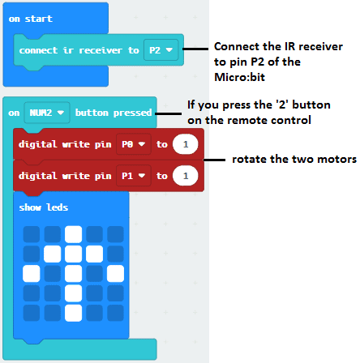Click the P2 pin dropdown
161,50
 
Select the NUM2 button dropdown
47,113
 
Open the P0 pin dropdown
134,144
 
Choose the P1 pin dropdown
134,176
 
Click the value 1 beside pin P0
186,144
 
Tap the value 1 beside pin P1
186,176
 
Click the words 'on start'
31,19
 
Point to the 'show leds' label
44,207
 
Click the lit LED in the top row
74,234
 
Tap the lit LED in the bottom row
74,313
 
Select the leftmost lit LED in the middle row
32,274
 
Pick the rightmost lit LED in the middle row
116,274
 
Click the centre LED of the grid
74,274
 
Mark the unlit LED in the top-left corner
32,234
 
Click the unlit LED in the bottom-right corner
116,313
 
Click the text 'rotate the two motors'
294,159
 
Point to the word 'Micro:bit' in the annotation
239,77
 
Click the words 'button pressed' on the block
114,113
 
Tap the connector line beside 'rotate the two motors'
214,160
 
